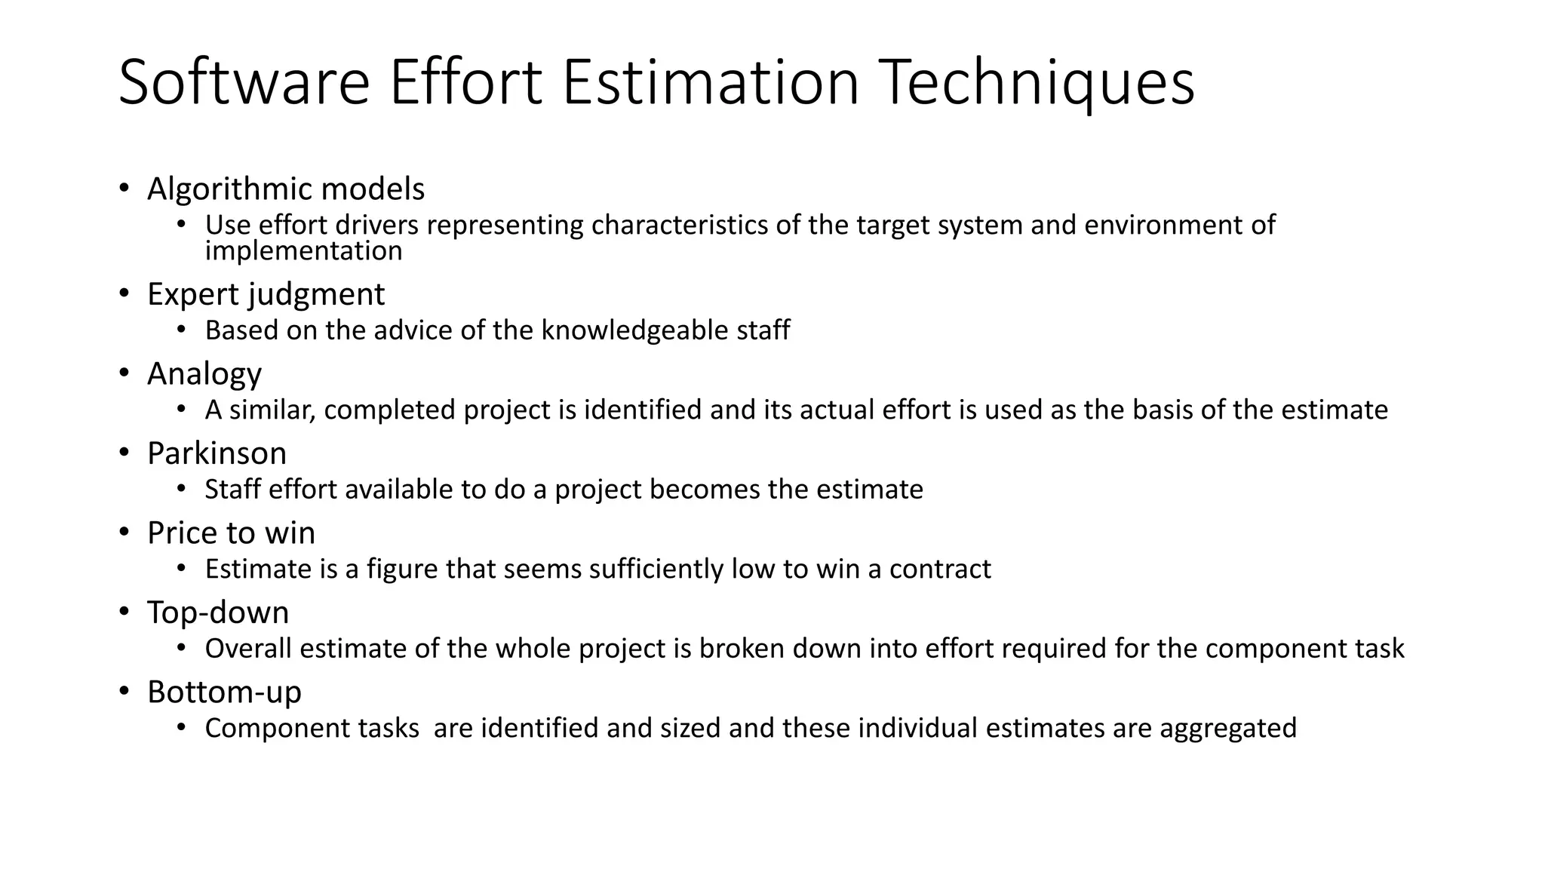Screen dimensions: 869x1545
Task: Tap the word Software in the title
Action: [244, 83]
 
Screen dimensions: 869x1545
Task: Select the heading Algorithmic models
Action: [286, 189]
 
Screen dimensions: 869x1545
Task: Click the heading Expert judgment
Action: [266, 294]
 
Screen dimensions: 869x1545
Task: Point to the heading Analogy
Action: [204, 374]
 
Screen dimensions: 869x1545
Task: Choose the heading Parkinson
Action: [217, 453]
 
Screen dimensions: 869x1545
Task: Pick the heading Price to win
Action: [231, 533]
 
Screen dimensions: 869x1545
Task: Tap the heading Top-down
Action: [218, 613]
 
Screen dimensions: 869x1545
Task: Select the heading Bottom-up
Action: [224, 692]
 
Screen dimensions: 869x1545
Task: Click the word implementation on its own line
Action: [303, 251]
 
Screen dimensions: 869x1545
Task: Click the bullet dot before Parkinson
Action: [124, 453]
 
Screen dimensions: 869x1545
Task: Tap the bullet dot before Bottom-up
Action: [124, 692]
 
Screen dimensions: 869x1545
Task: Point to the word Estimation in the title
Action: [710, 83]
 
